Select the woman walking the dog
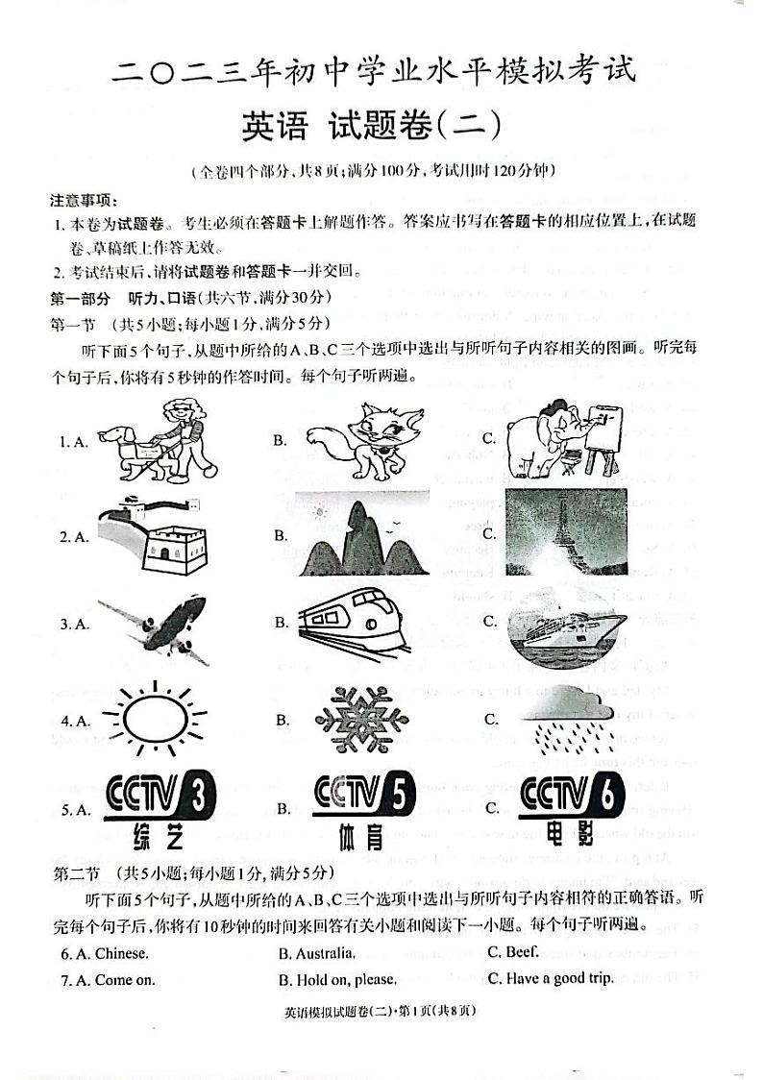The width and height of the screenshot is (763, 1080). tap(158, 441)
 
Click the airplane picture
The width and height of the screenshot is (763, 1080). tap(154, 626)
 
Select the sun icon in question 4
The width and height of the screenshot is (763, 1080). tap(154, 719)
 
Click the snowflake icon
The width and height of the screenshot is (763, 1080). tap(355, 720)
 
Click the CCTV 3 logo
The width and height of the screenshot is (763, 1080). tap(159, 807)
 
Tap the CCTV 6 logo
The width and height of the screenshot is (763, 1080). tap(571, 807)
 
